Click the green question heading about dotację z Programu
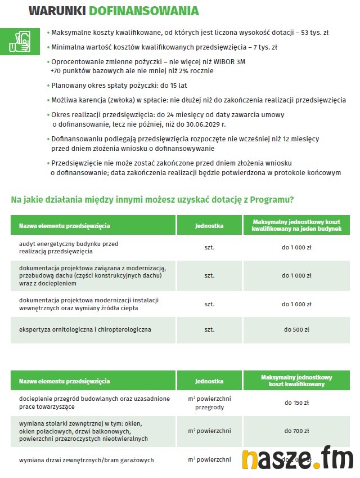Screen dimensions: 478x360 (152, 199)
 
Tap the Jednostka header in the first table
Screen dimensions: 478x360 (209, 226)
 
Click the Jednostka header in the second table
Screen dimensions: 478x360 (209, 381)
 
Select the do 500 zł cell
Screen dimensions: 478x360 (296, 329)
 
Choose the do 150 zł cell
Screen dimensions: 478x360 (296, 403)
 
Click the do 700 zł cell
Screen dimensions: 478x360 (296, 431)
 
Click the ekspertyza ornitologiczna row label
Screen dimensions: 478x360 (85, 329)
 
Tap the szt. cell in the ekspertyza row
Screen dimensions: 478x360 (209, 329)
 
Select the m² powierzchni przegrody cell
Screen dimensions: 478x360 (209, 403)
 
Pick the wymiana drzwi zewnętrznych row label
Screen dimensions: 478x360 (86, 460)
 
